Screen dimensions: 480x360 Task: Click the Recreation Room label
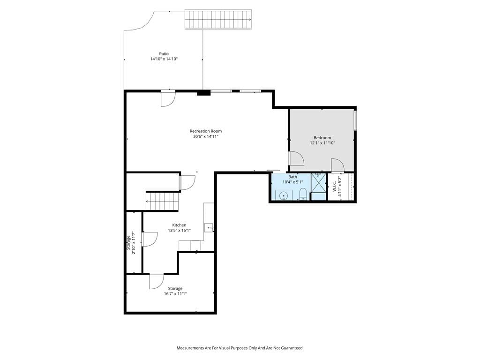click(206, 131)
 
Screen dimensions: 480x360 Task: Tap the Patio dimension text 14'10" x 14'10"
click(164, 59)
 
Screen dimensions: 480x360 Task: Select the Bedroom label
click(322, 138)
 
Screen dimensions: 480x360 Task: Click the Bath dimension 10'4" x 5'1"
click(292, 182)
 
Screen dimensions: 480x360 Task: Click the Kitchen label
click(179, 225)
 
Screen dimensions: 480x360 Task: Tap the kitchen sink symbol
click(209, 228)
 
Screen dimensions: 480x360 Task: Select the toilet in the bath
click(303, 194)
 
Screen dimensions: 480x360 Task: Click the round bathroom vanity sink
click(284, 195)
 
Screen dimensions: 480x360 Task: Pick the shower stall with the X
click(318, 183)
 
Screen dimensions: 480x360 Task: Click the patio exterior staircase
click(218, 20)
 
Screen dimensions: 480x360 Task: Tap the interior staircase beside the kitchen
click(162, 201)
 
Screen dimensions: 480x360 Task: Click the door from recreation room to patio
click(168, 98)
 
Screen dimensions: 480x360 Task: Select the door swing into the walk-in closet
click(338, 165)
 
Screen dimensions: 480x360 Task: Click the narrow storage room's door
click(149, 239)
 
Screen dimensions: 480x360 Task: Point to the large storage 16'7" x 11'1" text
click(175, 294)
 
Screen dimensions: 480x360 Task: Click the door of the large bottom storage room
click(157, 281)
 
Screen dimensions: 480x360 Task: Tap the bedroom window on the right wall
click(355, 120)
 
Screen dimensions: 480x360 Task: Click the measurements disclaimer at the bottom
click(240, 348)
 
